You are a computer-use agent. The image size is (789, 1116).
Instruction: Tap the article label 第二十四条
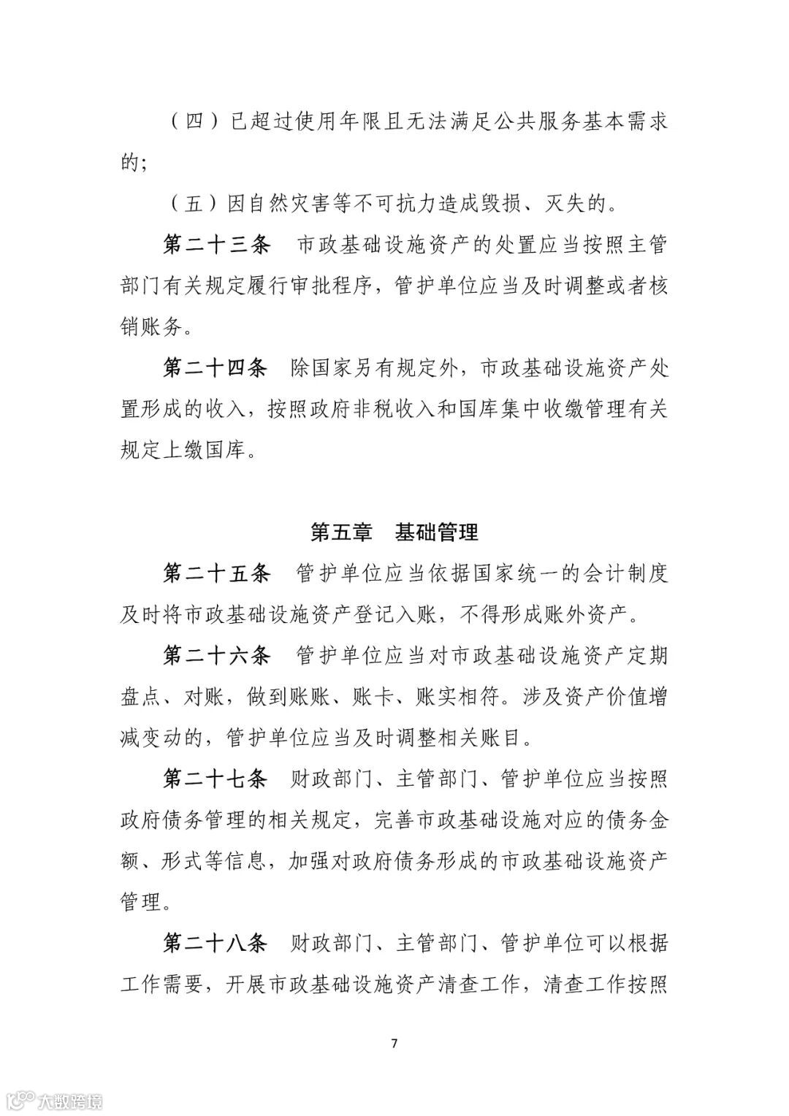point(216,368)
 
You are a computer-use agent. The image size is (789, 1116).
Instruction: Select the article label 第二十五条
point(216,573)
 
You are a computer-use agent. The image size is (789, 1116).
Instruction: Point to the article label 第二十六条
point(216,655)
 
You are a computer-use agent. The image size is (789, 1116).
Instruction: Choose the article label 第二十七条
point(216,779)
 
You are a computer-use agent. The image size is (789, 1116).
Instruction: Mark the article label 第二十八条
point(216,944)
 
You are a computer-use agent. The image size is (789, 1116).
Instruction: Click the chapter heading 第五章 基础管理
point(394,532)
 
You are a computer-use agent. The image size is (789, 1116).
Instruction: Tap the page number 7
point(394,1042)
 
